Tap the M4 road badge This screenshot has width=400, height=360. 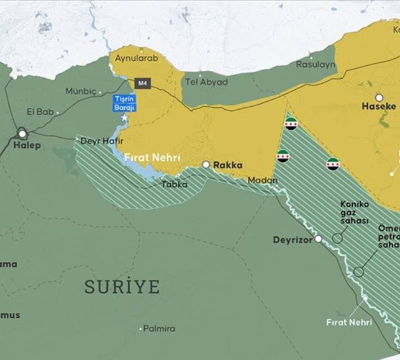tap(142, 83)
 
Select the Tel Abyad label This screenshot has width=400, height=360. tap(206, 82)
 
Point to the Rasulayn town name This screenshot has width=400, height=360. tap(315, 64)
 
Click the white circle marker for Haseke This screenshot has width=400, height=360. tap(379, 97)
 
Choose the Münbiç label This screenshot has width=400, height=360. tap(81, 91)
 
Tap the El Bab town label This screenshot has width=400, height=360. tap(42, 112)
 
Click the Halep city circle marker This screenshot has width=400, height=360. tap(23, 133)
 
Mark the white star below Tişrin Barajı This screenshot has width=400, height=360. tap(125, 118)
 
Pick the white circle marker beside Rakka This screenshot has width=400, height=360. tap(206, 165)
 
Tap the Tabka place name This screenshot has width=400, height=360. tap(174, 184)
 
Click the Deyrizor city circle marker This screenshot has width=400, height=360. tap(318, 239)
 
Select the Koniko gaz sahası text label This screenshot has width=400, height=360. tap(355, 212)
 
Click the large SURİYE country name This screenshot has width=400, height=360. tap(122, 287)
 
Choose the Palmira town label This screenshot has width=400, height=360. tap(158, 328)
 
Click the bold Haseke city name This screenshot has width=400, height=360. tap(378, 107)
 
